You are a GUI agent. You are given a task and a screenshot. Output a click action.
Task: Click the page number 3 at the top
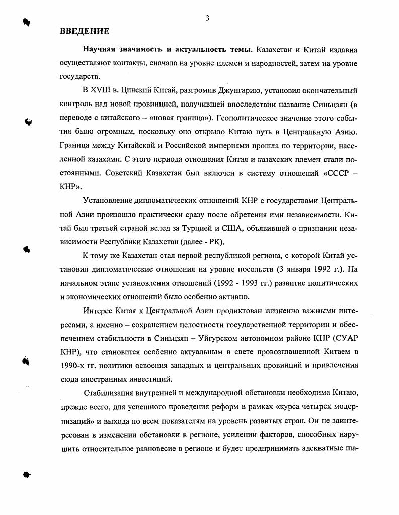coord(207,19)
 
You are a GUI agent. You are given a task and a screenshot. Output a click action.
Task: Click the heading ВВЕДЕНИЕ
coord(84,31)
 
